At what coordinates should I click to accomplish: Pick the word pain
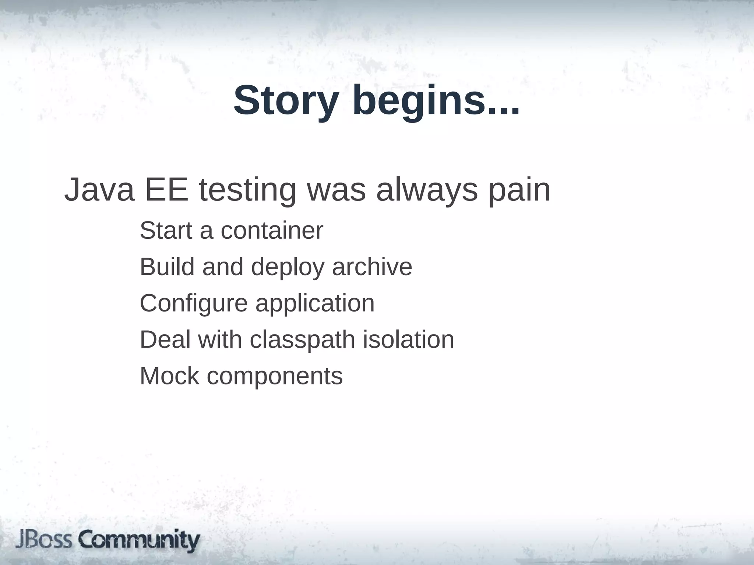pos(519,191)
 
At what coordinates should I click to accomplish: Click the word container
pos(272,231)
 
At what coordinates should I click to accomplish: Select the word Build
pos(167,267)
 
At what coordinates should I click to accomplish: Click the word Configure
pos(194,304)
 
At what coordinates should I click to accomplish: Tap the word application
pos(315,304)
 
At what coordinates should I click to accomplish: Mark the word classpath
pos(302,340)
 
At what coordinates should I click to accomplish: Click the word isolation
pos(408,339)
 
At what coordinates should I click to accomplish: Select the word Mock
pos(169,376)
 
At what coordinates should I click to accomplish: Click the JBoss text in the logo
pos(44,540)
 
